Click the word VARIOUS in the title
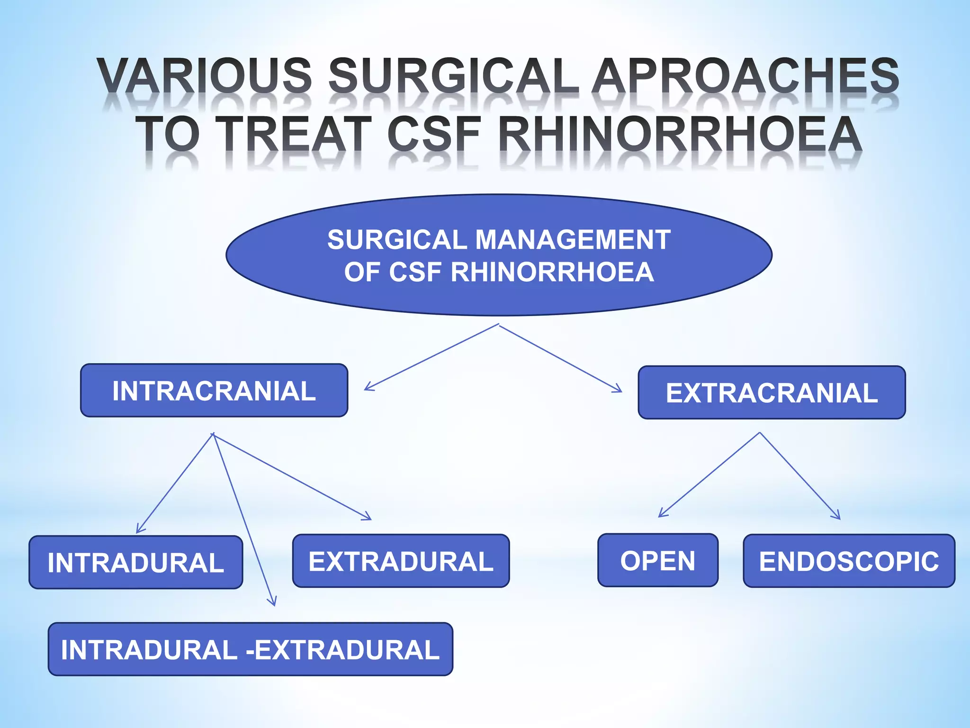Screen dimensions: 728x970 pos(205,76)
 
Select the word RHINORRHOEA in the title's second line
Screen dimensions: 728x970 pos(680,135)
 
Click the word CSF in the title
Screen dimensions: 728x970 pos(434,135)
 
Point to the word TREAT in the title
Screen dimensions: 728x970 pos(294,135)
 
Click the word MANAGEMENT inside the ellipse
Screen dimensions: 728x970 pos(573,239)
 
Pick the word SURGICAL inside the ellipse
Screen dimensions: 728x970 pos(397,239)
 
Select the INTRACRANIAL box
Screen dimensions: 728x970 pos(214,391)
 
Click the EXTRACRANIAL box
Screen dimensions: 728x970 pos(772,392)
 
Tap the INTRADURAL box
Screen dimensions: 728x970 pos(136,562)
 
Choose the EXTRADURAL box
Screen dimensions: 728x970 pos(401,561)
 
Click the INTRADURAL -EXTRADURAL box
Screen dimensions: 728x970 pos(251,649)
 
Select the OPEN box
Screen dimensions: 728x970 pos(658,560)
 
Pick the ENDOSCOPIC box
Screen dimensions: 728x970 pos(849,561)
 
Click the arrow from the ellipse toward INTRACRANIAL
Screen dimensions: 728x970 pos(431,357)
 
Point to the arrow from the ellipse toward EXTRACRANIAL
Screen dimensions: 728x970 pos(560,358)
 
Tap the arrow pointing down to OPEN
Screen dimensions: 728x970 pos(709,474)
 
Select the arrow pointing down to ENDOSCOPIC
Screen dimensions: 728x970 pos(800,476)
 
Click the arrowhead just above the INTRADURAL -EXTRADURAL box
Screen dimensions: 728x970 pos(271,601)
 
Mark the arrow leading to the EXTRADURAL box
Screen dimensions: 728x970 pos(292,476)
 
